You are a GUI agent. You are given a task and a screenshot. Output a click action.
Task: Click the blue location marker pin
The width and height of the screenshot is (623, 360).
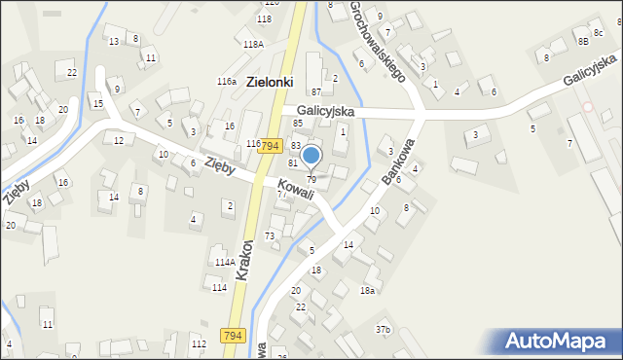click(311, 156)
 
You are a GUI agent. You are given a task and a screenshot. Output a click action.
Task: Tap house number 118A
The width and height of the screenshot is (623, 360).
click(253, 44)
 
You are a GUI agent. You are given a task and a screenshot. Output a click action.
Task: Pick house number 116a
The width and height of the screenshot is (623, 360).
click(227, 82)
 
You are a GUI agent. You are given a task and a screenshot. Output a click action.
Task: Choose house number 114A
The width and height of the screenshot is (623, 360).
click(225, 263)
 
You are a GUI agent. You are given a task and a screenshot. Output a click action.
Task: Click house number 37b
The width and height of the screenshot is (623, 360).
click(384, 330)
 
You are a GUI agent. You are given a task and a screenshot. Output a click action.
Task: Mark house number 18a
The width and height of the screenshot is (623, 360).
click(367, 291)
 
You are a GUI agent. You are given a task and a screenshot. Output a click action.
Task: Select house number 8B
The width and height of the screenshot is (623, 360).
click(582, 42)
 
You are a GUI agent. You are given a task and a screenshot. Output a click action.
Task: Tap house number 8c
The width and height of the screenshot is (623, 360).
click(598, 34)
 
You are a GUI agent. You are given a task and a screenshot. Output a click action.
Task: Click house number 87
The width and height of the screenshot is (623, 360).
click(316, 90)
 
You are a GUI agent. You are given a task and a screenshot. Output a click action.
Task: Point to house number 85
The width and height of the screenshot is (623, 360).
click(298, 124)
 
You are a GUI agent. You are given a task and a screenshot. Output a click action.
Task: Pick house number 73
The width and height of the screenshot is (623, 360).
click(270, 236)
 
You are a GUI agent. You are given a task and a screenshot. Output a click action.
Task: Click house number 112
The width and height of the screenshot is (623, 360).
click(199, 344)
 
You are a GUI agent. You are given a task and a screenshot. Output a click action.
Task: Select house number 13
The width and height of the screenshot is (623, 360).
click(114, 41)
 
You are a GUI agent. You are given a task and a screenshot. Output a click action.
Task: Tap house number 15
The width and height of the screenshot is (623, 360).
click(97, 103)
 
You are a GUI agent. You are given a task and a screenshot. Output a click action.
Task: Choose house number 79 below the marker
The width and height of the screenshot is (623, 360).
click(311, 179)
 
